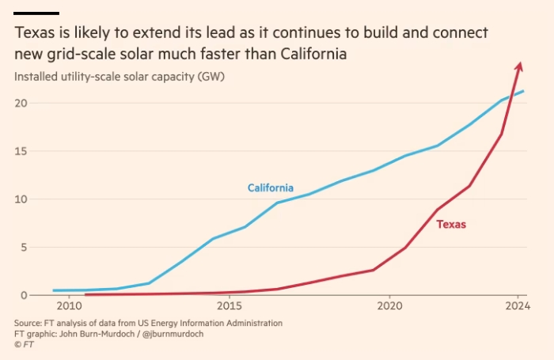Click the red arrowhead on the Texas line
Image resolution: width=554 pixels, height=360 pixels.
(x=519, y=66)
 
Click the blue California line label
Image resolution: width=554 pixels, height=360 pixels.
(x=271, y=188)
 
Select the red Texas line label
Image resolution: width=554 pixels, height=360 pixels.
(x=451, y=225)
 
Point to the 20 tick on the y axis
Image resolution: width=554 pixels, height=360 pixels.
(x=21, y=103)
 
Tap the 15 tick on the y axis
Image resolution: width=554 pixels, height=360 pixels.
(x=21, y=151)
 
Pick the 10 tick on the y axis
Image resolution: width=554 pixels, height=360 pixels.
(x=21, y=199)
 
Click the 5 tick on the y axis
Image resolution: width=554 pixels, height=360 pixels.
(x=25, y=247)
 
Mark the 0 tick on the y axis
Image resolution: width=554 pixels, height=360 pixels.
(x=25, y=295)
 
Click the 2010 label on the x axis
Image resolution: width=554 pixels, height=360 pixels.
(x=69, y=306)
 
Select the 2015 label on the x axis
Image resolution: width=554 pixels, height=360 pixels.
(x=230, y=306)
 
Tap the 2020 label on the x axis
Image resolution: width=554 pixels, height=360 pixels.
(x=390, y=306)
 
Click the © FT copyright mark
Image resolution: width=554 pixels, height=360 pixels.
(x=24, y=344)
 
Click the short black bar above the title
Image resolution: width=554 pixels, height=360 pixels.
(x=36, y=13)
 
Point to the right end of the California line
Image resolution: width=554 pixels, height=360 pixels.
(x=524, y=91)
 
